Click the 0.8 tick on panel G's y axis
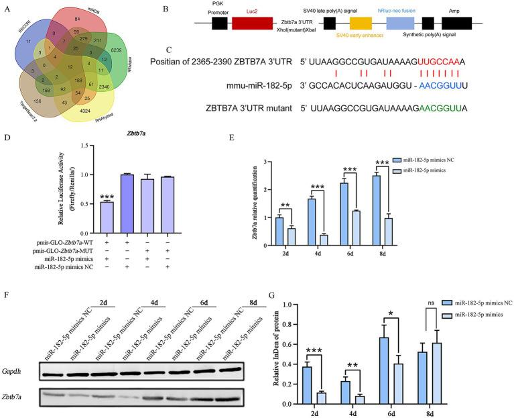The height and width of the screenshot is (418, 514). (x=287, y=305)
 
